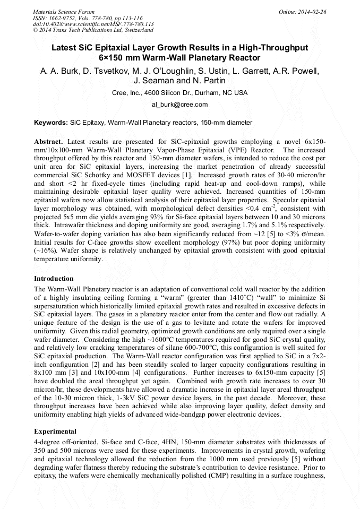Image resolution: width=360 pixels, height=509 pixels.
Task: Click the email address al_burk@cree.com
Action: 179,105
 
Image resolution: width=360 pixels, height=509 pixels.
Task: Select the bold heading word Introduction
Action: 54,278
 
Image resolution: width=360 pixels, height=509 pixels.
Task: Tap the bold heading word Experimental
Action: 55,431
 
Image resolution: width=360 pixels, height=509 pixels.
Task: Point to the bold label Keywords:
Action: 51,123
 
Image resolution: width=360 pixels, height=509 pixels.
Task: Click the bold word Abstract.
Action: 48,142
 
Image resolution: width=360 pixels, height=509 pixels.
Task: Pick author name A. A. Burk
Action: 58,71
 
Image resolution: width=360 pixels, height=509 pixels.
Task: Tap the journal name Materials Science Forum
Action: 64,11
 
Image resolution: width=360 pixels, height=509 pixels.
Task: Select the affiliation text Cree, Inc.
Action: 124,92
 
